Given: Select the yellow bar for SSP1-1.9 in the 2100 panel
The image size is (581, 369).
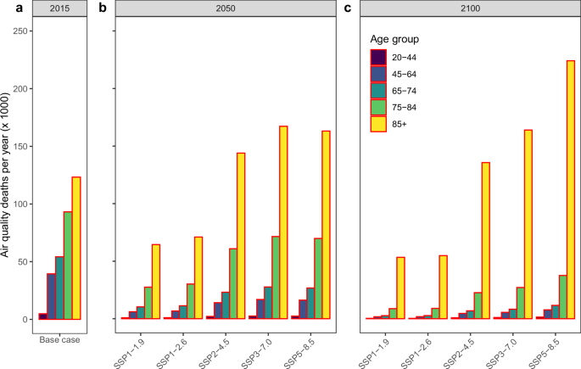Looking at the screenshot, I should coord(400,288).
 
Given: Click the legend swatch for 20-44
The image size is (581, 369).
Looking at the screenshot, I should coord(379,58).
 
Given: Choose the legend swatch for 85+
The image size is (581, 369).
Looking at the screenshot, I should coord(379,122).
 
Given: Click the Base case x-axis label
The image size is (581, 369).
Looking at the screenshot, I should coord(59,330).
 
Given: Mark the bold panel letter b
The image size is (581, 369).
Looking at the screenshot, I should coord(103,8).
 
